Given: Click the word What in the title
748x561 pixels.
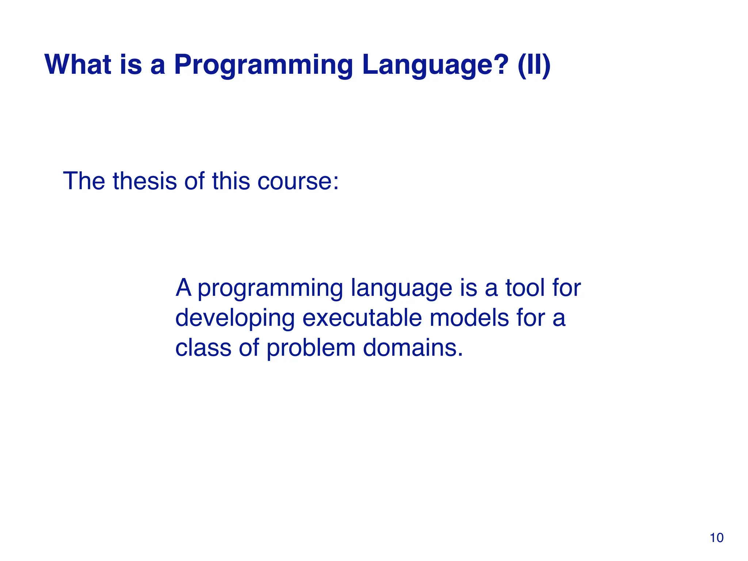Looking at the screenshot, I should pos(78,65).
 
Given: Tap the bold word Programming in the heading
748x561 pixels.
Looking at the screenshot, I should pos(263,66).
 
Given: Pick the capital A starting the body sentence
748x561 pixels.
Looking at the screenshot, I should pos(184,287).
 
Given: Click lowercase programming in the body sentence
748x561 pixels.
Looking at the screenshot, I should pos(270,289).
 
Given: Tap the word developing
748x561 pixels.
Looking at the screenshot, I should pos(235,319).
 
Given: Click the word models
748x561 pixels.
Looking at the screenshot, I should pos(469,317).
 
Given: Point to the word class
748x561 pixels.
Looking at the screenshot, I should pos(203,347).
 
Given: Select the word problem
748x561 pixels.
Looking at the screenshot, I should pos(311,349).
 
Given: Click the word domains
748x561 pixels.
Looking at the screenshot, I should pos(413,347).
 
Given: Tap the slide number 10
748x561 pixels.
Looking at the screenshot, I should pos(717,538).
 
